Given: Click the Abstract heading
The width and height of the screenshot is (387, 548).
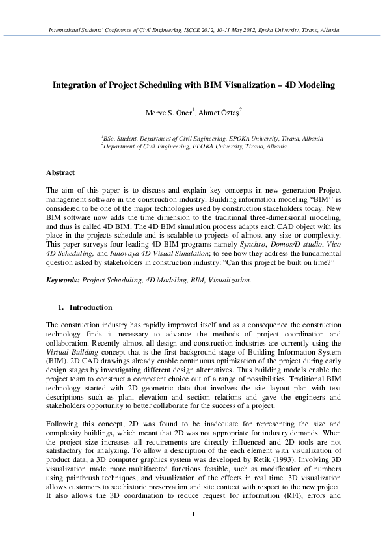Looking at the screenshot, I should pos(60,172).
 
